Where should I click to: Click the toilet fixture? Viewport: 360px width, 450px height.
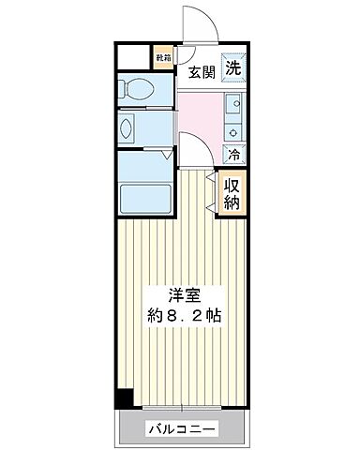143,90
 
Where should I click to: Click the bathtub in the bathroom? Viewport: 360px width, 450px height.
144,198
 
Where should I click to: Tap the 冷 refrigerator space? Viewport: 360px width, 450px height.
232,153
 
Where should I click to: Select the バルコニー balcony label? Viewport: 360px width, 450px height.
182,430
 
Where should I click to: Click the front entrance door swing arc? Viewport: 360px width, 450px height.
199,23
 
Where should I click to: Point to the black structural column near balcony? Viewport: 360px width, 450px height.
120,397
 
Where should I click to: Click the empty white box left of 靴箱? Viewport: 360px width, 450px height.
134,57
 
